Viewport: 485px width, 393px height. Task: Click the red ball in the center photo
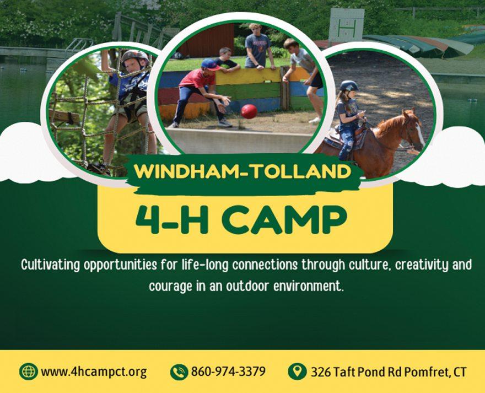pos(249,111)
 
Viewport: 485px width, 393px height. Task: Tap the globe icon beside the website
pos(29,372)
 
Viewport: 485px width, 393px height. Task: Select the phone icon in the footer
pos(179,372)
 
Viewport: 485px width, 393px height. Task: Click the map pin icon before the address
pos(297,372)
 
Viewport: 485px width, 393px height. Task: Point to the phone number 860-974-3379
pos(228,371)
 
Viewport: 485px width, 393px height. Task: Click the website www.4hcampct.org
pos(94,372)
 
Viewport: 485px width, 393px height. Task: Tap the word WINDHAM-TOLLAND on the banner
pos(243,171)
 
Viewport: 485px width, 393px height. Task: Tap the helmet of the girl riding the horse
pos(349,85)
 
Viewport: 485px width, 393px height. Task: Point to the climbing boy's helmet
pos(135,57)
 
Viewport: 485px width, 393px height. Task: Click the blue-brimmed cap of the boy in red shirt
pos(210,64)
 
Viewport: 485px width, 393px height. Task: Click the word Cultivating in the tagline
pos(50,265)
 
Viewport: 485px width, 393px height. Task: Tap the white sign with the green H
pos(347,25)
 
